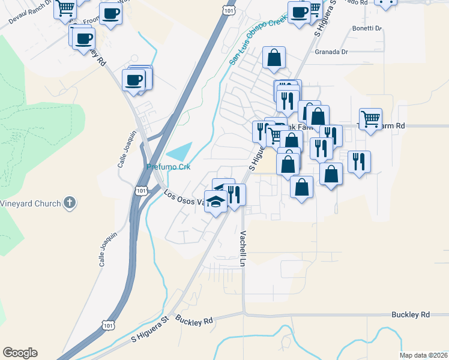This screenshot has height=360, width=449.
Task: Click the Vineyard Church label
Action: pyautogui.click(x=30, y=203)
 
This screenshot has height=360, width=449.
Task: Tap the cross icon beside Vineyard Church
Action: pyautogui.click(x=70, y=203)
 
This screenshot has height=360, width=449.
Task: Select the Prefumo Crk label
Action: pyautogui.click(x=169, y=167)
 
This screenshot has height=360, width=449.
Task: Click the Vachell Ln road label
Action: pyautogui.click(x=244, y=248)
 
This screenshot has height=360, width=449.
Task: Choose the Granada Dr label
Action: pyautogui.click(x=331, y=52)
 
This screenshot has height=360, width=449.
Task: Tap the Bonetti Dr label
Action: pyautogui.click(x=367, y=28)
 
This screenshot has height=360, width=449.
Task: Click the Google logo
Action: pyautogui.click(x=20, y=353)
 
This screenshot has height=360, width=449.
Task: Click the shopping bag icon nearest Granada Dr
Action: pyautogui.click(x=274, y=58)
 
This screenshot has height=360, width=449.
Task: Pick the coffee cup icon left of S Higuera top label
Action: pyautogui.click(x=299, y=12)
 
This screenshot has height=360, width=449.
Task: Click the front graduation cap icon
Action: pyautogui.click(x=215, y=202)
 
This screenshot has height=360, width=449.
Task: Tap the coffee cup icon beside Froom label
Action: pyautogui.click(x=110, y=13)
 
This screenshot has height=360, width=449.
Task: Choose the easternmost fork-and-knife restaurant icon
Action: pyautogui.click(x=359, y=161)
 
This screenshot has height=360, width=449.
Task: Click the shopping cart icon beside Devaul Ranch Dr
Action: pyautogui.click(x=65, y=8)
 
